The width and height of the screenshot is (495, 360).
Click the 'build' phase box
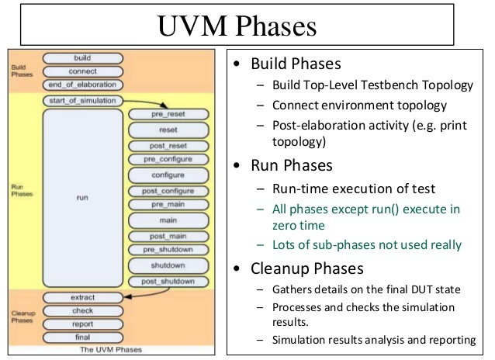point(83,58)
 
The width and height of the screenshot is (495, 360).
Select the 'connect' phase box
point(83,71)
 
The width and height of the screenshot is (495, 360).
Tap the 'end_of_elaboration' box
point(83,85)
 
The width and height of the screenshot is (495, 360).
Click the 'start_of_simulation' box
point(83,101)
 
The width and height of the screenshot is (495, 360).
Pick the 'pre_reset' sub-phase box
point(168,114)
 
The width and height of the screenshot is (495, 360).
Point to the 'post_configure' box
point(168,191)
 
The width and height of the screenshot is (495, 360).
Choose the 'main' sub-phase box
point(168,220)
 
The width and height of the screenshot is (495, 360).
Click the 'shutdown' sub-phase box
point(168,265)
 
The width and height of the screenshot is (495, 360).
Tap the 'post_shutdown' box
point(168,282)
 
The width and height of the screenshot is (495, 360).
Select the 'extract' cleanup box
point(83,297)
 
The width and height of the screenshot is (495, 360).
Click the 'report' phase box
point(83,324)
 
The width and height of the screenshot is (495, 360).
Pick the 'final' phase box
point(83,337)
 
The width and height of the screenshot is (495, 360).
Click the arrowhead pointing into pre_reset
point(164,106)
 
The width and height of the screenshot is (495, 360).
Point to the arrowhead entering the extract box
point(127,297)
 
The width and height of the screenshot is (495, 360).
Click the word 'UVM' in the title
point(192,26)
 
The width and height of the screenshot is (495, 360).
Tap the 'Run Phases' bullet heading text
point(292,165)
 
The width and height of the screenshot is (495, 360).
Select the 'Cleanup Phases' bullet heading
point(306,268)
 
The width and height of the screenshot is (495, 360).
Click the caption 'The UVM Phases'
point(111,350)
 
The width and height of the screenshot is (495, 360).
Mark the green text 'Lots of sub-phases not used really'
point(367,244)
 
